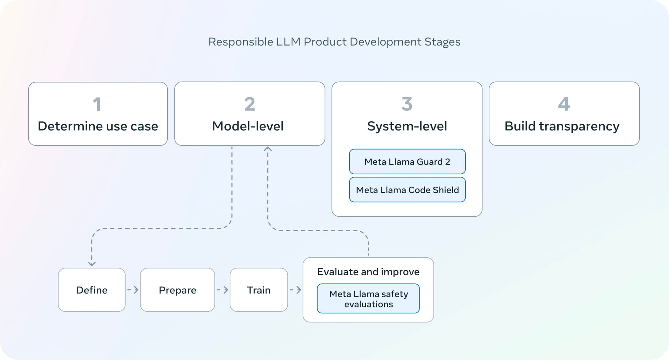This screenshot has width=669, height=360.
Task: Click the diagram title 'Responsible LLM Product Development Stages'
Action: (x=334, y=42)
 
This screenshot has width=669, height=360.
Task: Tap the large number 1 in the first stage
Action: (x=97, y=104)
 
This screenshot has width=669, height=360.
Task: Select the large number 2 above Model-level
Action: (x=250, y=104)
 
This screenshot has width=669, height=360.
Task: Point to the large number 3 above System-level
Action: (x=407, y=104)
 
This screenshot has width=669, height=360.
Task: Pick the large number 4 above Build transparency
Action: (x=564, y=104)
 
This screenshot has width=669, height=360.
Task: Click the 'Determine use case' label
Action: (x=98, y=126)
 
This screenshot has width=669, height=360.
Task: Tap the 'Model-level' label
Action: (x=248, y=126)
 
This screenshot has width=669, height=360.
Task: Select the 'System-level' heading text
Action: (x=407, y=126)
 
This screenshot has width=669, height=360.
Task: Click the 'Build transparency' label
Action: (x=562, y=126)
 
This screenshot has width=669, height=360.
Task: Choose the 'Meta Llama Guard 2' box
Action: (x=407, y=162)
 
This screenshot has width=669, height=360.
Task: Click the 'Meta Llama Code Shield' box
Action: (x=407, y=190)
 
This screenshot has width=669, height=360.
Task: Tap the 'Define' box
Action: (x=92, y=290)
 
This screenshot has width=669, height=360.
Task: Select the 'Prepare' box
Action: (x=178, y=290)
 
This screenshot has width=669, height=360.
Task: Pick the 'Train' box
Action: (x=259, y=290)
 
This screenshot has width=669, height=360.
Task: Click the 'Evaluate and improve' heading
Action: (x=368, y=272)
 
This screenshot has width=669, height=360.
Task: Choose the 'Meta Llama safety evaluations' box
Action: (x=368, y=298)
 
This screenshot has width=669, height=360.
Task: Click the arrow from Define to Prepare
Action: (x=133, y=290)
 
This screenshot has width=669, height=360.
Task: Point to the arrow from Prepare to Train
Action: (x=222, y=290)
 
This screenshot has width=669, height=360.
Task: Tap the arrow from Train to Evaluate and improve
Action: (x=295, y=290)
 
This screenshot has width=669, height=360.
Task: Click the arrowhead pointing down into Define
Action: (x=92, y=264)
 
